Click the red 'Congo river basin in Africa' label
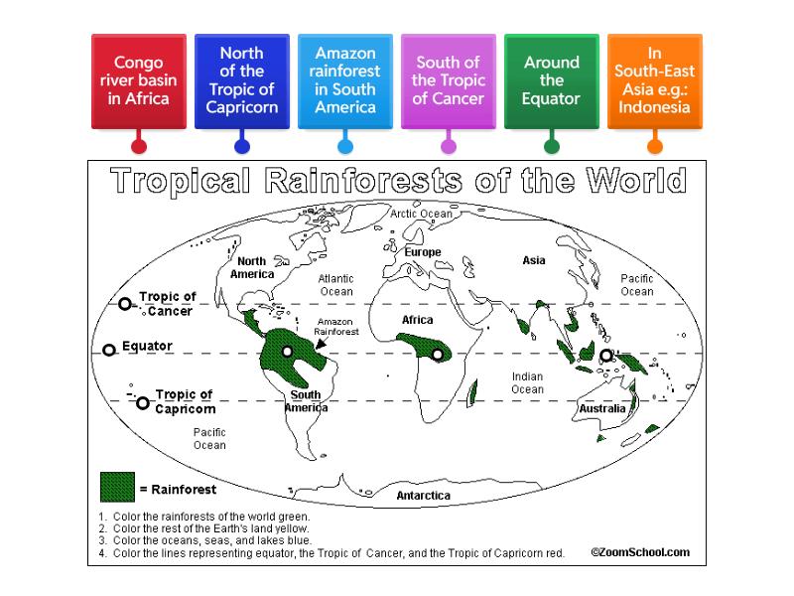pos(139,81)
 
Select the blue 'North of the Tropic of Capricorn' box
pos(242,81)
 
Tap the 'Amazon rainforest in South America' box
pos(345,81)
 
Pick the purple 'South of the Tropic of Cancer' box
pos(449,81)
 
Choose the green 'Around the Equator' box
pos(552,81)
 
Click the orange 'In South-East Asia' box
pos(655,81)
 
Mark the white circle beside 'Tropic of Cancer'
pos(125,304)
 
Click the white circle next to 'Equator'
pos(109,350)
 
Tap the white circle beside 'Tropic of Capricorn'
pos(143,402)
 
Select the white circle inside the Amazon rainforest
pos(287,351)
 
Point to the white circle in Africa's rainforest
pos(437,354)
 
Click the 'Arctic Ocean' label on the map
pos(421,214)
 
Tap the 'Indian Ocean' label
pos(527,382)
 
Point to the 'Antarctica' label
pos(424,495)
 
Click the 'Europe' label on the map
pos(422,252)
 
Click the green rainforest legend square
pos(117,486)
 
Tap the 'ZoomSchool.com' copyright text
pos(640,552)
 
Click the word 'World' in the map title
pos(635,182)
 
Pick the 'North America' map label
pos(252,266)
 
